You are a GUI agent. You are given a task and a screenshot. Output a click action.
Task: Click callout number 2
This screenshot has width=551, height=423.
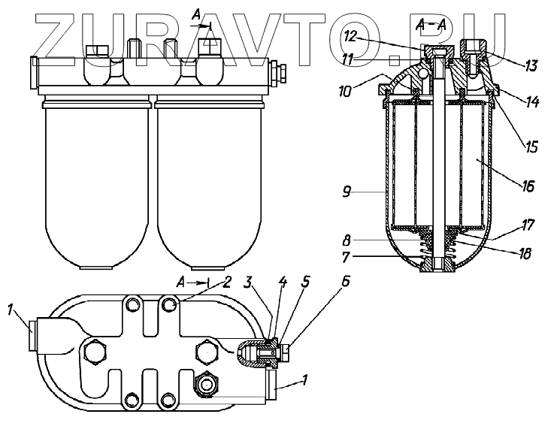227,282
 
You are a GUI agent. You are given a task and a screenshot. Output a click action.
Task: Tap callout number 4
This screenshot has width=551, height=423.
282,282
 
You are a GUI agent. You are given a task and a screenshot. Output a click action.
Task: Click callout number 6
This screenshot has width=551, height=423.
346,282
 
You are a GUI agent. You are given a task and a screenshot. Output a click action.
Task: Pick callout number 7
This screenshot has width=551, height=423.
346,258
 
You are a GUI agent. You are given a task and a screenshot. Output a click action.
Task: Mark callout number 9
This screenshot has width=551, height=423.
347,192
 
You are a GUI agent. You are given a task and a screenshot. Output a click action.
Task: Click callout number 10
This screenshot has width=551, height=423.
345,91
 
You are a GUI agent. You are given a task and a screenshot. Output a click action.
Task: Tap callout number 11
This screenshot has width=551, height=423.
348,59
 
